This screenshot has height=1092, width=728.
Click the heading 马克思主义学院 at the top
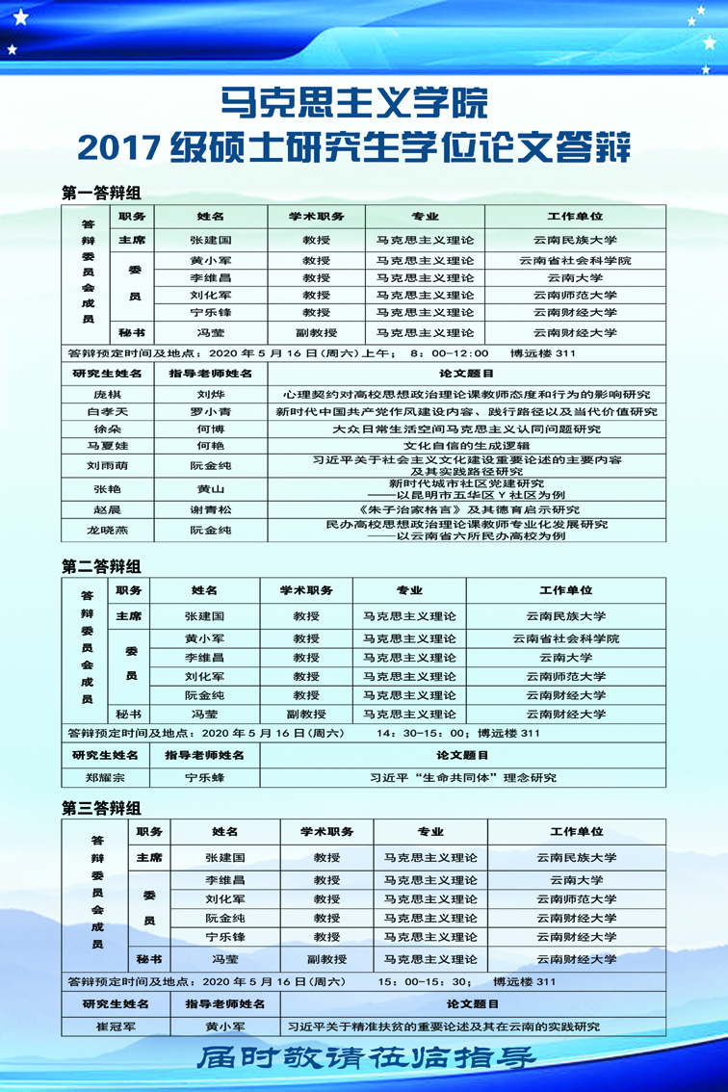[353, 101]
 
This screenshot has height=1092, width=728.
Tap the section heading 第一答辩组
[101, 193]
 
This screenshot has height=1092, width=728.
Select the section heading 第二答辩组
[101, 566]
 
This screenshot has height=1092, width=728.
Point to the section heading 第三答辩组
[101, 808]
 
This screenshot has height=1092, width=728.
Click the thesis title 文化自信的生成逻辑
[466, 446]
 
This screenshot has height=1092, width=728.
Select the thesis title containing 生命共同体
[463, 777]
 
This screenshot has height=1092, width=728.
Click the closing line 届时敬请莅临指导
[366, 1058]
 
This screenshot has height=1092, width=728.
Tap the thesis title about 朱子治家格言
[466, 509]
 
